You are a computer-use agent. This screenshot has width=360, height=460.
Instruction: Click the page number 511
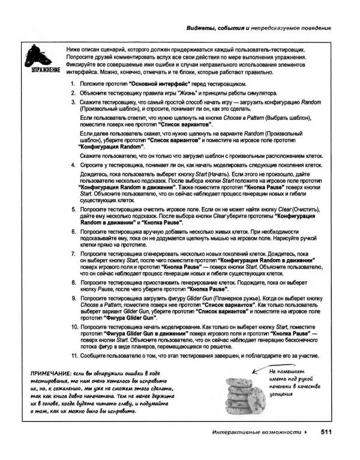pyautogui.click(x=327, y=432)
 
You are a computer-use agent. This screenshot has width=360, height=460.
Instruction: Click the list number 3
pyautogui.click(x=73, y=104)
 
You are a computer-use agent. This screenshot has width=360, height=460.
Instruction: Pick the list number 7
pyautogui.click(x=73, y=254)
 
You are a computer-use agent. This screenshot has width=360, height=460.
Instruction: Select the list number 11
pyautogui.click(x=71, y=356)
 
